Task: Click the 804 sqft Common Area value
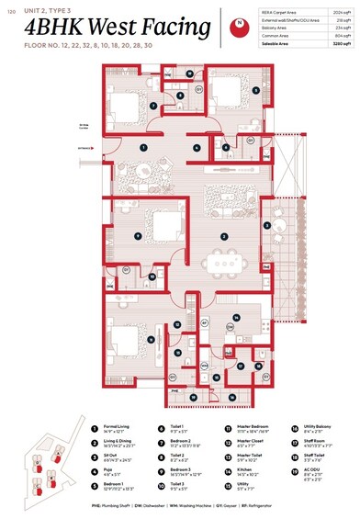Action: [x=342, y=35]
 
